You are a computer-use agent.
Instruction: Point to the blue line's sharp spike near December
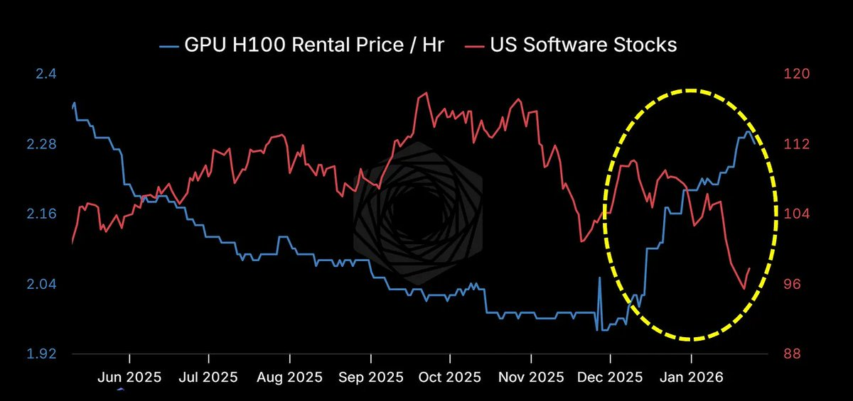[x=599, y=278]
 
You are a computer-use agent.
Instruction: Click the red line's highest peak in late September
[x=424, y=93]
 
